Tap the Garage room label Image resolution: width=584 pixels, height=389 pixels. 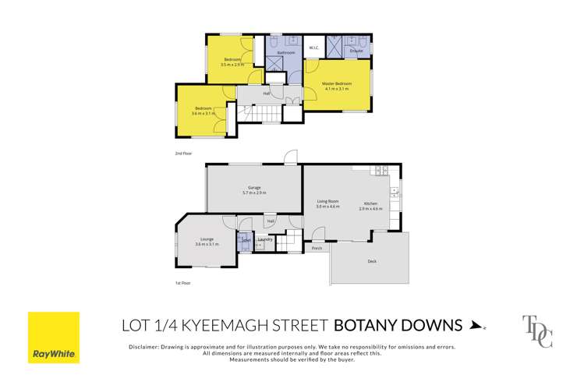pyautogui.click(x=253, y=187)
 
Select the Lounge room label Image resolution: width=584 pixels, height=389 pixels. pyautogui.click(x=207, y=239)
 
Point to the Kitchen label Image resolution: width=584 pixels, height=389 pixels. pyautogui.click(x=370, y=202)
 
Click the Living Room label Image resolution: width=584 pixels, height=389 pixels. pyautogui.click(x=327, y=202)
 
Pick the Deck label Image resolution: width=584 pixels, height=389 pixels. pyautogui.click(x=372, y=260)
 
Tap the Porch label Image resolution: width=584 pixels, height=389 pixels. pyautogui.click(x=317, y=249)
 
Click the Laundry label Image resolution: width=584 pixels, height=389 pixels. pyautogui.click(x=264, y=239)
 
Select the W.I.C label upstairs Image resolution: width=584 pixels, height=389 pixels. pyautogui.click(x=313, y=48)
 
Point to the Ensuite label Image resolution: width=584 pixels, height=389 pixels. pyautogui.click(x=356, y=51)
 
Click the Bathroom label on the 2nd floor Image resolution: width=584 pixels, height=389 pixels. pyautogui.click(x=285, y=52)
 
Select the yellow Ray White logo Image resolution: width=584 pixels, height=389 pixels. pyautogui.click(x=54, y=338)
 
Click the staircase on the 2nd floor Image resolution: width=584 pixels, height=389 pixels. pyautogui.click(x=265, y=115)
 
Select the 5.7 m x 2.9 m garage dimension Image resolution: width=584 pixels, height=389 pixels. pyautogui.click(x=253, y=193)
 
